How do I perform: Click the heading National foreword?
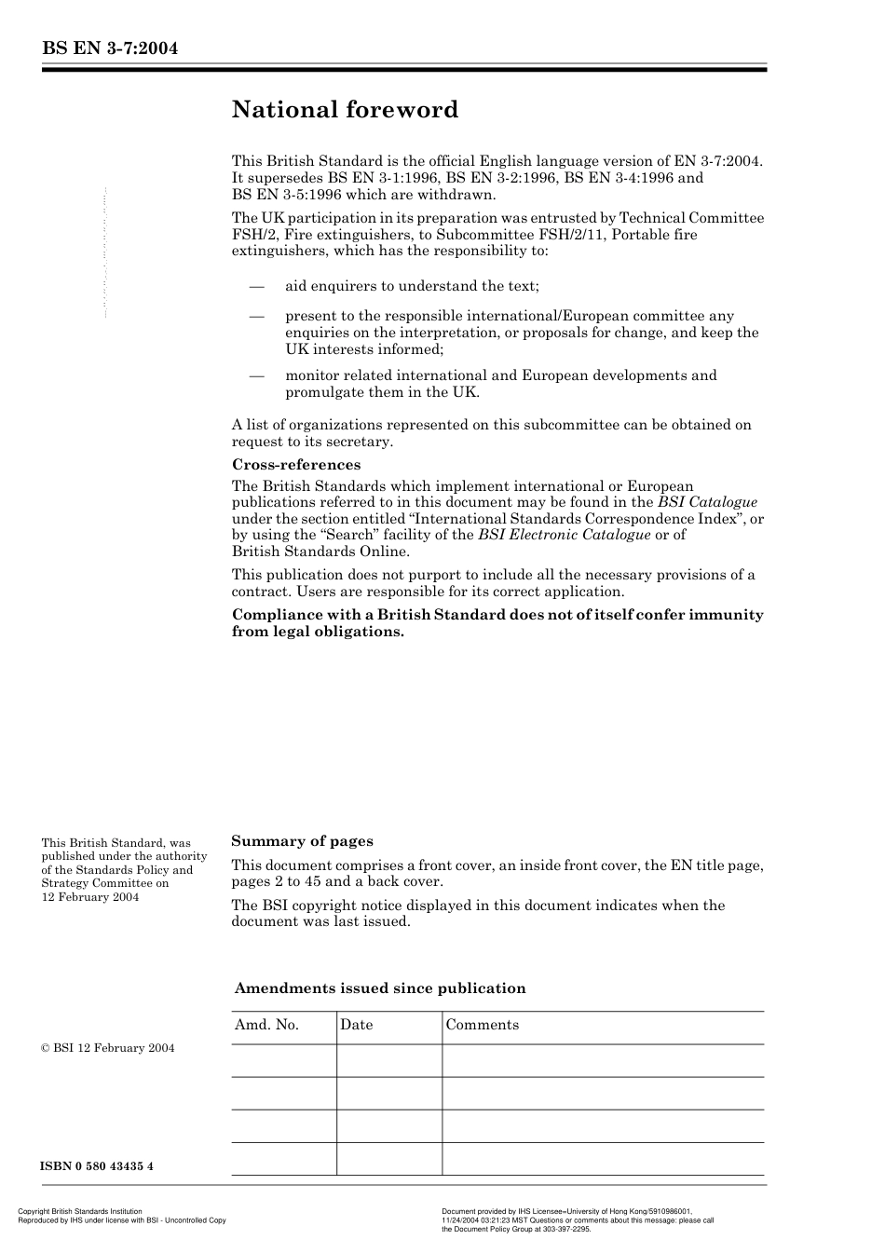click(345, 110)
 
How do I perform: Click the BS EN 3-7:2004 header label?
click(110, 48)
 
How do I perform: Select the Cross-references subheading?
click(295, 464)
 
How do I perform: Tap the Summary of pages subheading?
click(302, 840)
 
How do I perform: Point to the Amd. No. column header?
click(266, 1025)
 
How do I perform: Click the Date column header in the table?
click(356, 1025)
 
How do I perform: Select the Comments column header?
click(482, 1025)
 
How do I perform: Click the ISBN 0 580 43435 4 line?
click(97, 1166)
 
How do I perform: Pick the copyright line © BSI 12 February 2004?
click(108, 1048)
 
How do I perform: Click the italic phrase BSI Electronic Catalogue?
click(564, 535)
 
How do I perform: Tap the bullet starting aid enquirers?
click(412, 286)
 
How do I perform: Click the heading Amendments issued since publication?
click(379, 988)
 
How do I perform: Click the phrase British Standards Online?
click(320, 551)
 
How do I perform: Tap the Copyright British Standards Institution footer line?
click(80, 1212)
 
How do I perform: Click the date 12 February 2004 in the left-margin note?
click(90, 896)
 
